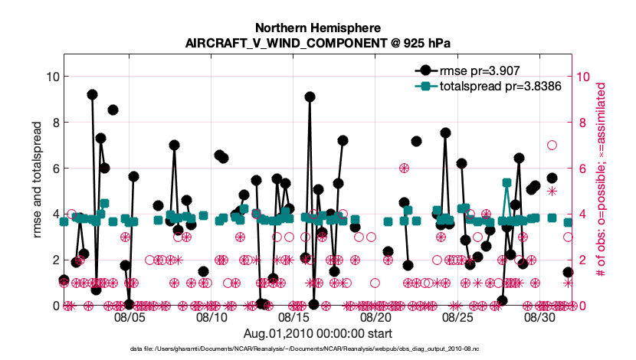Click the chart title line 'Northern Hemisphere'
[318, 27]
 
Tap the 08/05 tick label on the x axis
[129, 316]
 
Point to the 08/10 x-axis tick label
[211, 316]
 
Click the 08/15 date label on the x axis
[293, 316]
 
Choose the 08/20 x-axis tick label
[375, 316]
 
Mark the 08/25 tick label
[457, 316]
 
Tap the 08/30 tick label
[539, 316]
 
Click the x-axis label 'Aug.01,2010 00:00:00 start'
[318, 334]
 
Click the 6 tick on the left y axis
[49, 169]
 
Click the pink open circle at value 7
[552, 145]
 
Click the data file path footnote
[318, 349]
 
